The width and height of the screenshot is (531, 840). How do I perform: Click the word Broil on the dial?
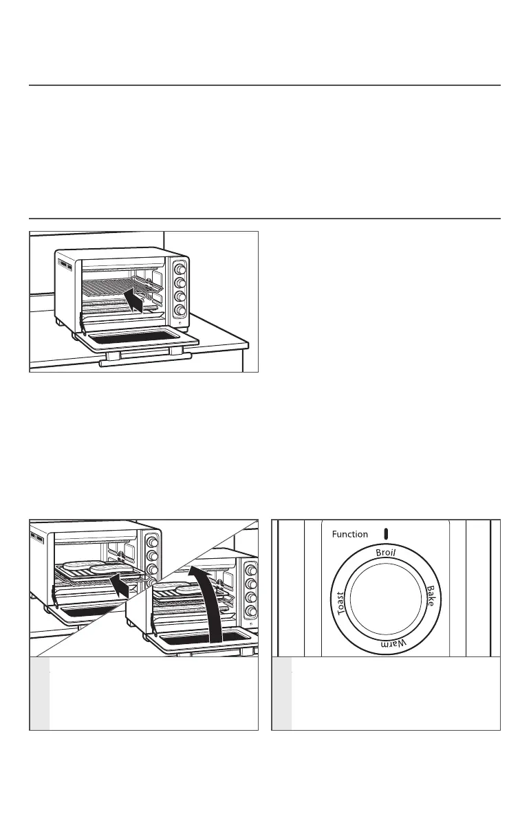click(x=386, y=554)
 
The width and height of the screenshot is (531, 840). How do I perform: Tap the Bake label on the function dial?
click(x=429, y=595)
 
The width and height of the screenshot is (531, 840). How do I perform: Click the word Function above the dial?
click(x=349, y=534)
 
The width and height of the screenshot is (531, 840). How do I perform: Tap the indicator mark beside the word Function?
click(x=387, y=533)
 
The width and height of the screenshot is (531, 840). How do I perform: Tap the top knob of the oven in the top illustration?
click(x=179, y=268)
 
